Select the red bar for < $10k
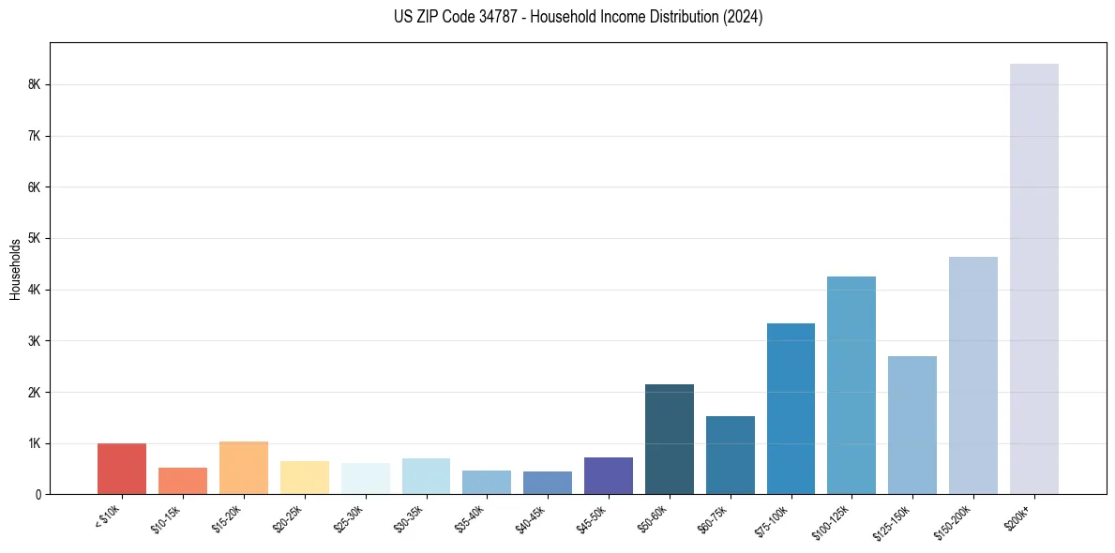point(122,469)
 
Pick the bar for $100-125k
point(851,384)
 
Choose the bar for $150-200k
point(972,375)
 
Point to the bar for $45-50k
point(608,475)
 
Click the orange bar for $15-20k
point(244,468)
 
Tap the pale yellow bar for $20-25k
point(304,477)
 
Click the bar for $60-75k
point(730,455)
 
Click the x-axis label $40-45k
point(530,518)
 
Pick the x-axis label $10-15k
point(165,518)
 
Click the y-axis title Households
point(15,268)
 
